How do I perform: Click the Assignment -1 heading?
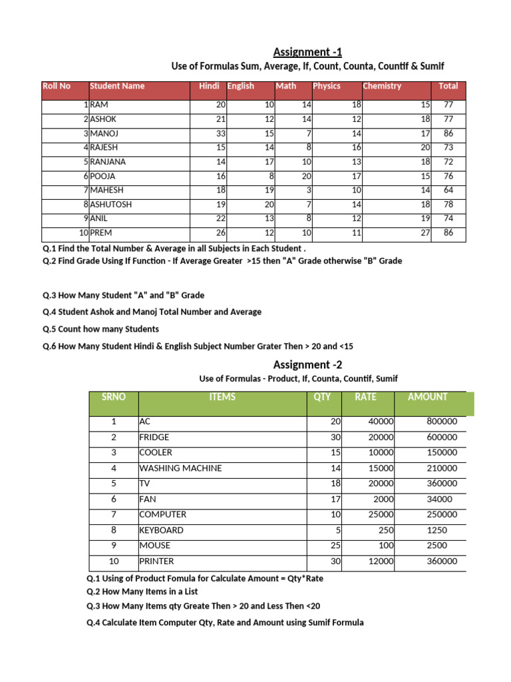[307, 52]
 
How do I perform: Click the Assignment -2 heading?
[307, 364]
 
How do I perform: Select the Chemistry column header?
[382, 86]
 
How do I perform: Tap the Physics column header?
[327, 86]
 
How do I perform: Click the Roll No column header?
[57, 86]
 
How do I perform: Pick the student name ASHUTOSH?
[111, 204]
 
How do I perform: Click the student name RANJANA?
[108, 162]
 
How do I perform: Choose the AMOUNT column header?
[427, 397]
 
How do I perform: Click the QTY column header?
[322, 397]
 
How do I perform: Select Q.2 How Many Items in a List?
[142, 591]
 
